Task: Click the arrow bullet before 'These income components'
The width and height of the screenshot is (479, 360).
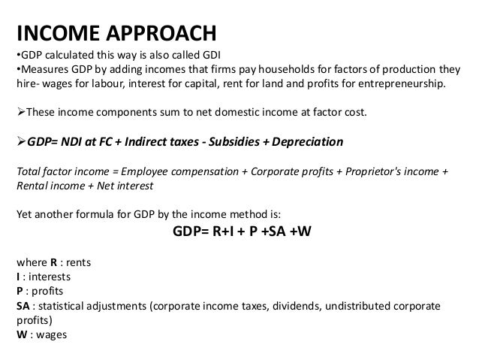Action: point(20,112)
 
